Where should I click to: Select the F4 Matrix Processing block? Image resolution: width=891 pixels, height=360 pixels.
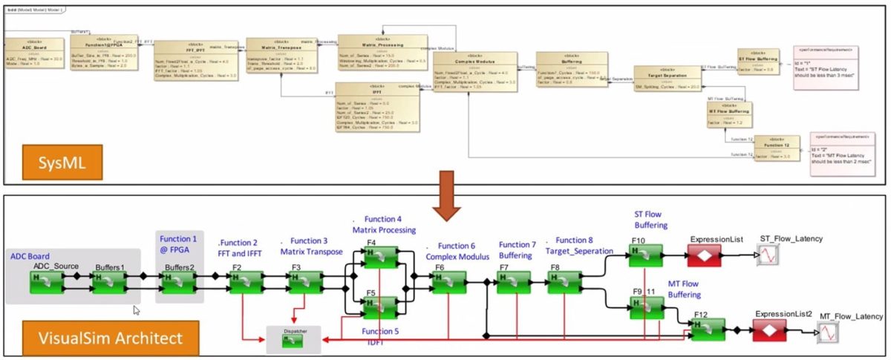(x=379, y=256)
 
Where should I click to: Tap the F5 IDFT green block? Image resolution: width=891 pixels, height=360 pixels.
(x=379, y=307)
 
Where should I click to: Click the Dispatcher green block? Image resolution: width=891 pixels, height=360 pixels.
(x=294, y=341)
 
